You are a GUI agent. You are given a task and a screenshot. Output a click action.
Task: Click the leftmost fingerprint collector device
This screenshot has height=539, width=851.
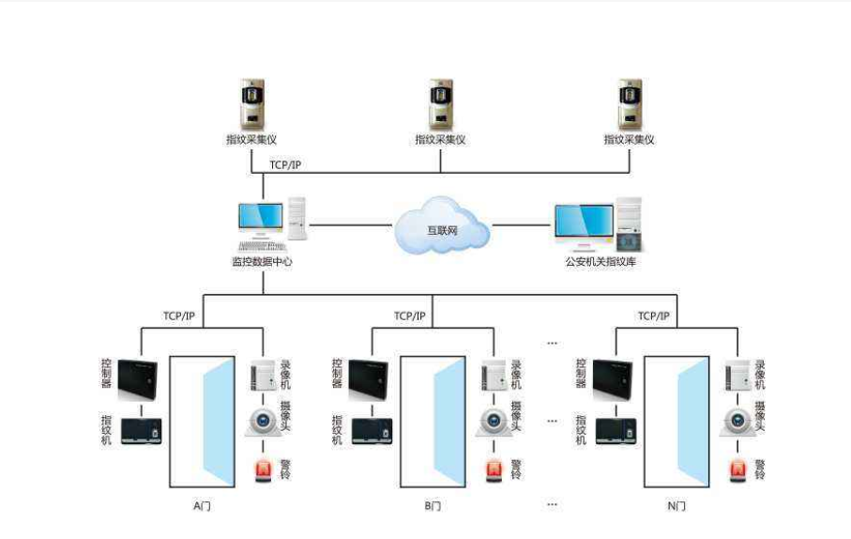tap(252, 104)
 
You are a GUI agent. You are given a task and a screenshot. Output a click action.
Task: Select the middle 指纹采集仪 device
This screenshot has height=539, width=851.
tap(440, 104)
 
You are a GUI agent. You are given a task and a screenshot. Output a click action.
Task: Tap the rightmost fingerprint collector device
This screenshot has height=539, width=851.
tap(629, 104)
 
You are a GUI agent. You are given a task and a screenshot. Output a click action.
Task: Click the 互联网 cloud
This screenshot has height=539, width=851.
tap(441, 226)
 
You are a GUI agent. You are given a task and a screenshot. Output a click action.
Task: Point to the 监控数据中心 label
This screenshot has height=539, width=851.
tap(262, 262)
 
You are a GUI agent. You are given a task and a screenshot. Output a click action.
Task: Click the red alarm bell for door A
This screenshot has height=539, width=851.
tap(264, 469)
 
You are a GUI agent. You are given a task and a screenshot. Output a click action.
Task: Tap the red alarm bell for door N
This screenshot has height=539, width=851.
tap(738, 469)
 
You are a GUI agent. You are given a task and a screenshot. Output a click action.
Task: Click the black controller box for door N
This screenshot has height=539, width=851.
tap(611, 377)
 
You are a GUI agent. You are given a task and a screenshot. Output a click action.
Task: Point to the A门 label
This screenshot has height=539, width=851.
tap(203, 506)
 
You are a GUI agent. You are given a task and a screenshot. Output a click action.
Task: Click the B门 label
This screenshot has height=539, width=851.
tap(433, 506)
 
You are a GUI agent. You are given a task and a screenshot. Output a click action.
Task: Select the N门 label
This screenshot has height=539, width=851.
tap(676, 506)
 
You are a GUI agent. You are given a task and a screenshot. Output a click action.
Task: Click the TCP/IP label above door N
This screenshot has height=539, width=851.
tap(653, 316)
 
